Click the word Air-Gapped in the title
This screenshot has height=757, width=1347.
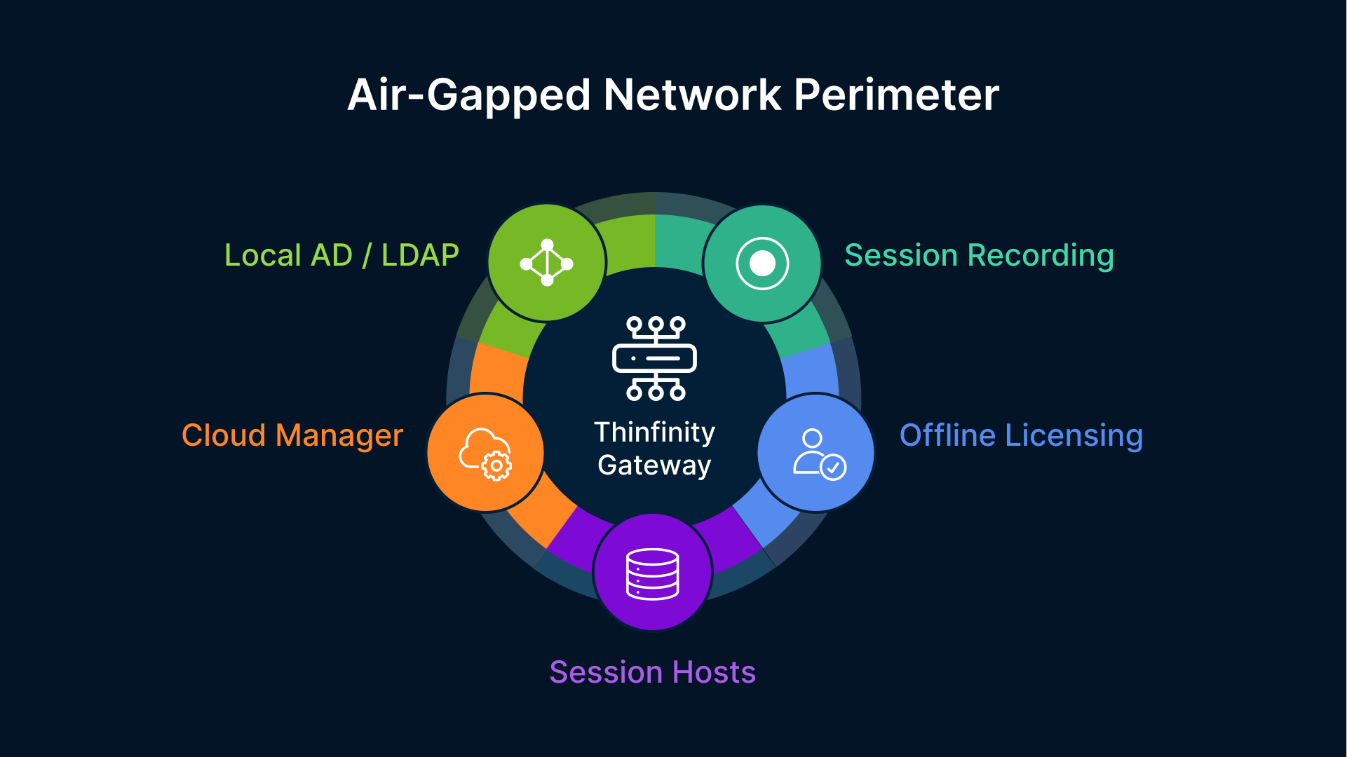(469, 95)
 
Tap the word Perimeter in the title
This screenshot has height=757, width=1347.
(895, 95)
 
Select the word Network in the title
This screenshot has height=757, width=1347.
(691, 95)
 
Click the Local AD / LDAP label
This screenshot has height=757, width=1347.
(341, 255)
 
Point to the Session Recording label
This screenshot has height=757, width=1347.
(979, 255)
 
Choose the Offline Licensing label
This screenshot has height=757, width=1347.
(1021, 435)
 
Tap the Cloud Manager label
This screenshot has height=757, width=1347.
(292, 435)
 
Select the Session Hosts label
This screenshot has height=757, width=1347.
(652, 672)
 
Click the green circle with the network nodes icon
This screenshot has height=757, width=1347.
(546, 263)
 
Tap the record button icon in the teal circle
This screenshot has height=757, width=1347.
(762, 264)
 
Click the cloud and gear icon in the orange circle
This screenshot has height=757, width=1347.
(485, 453)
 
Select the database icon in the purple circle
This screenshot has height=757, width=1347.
(652, 574)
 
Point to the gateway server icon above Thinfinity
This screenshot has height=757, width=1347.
(654, 358)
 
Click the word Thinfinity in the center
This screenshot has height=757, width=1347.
(654, 432)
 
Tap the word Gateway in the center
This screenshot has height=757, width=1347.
(654, 465)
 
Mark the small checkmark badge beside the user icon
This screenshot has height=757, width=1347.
(833, 467)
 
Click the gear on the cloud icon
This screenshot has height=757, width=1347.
(496, 465)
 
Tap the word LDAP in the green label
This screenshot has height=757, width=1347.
(419, 255)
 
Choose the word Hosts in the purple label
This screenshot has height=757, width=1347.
(713, 672)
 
